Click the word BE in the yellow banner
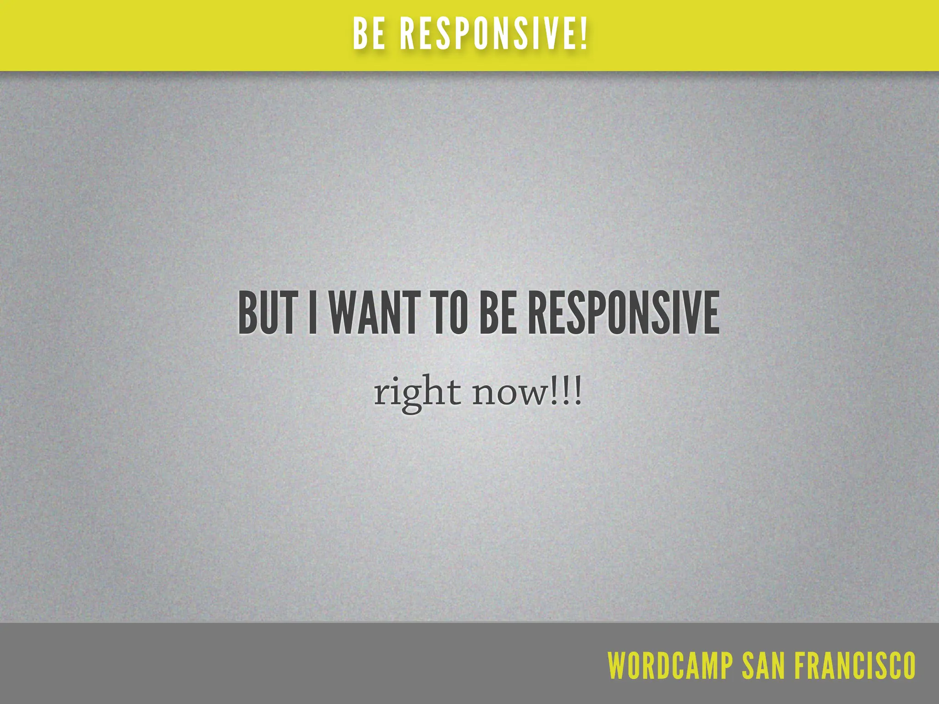(369, 34)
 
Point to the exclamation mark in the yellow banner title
(583, 34)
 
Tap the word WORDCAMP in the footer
(670, 665)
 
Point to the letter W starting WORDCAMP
(617, 665)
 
